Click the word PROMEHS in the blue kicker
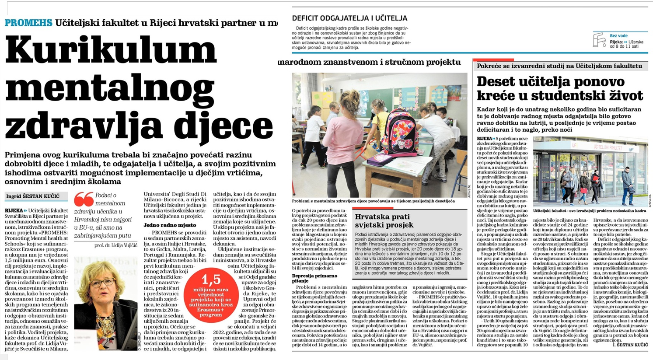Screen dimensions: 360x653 28,23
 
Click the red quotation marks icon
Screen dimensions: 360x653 84,200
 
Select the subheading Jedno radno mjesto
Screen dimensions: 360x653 170,225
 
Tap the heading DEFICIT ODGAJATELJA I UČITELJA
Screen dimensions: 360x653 349,18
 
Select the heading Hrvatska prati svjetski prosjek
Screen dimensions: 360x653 384,221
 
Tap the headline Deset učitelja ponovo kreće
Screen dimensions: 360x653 559,88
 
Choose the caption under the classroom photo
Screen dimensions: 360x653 374,201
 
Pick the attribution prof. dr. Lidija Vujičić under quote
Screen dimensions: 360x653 115,245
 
